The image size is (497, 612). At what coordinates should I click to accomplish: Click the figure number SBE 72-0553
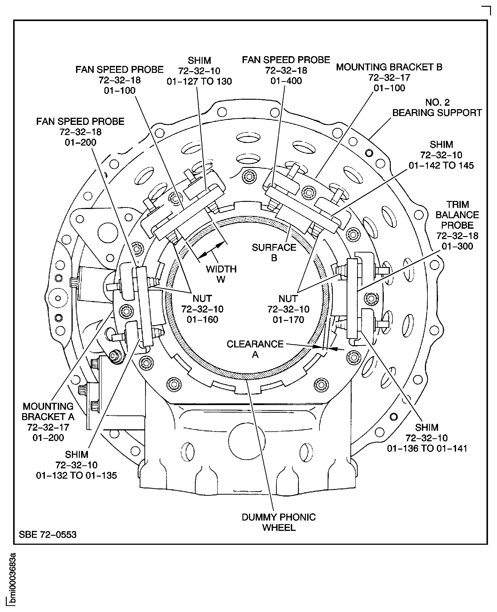48,534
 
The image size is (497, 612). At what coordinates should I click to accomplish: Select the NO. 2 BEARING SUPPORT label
437,108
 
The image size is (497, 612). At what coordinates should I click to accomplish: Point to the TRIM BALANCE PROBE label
457,215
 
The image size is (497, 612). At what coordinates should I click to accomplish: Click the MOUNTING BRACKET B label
389,67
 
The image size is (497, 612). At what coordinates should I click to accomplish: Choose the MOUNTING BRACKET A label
48,411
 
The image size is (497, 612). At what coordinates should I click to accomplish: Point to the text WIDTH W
221,274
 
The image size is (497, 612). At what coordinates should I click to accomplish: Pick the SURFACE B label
274,253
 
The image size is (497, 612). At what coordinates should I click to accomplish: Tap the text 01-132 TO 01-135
76,475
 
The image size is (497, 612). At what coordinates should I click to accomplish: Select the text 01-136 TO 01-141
427,448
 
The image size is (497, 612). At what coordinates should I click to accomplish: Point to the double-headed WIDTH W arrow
211,250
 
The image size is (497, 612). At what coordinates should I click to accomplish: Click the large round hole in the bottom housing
247,441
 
